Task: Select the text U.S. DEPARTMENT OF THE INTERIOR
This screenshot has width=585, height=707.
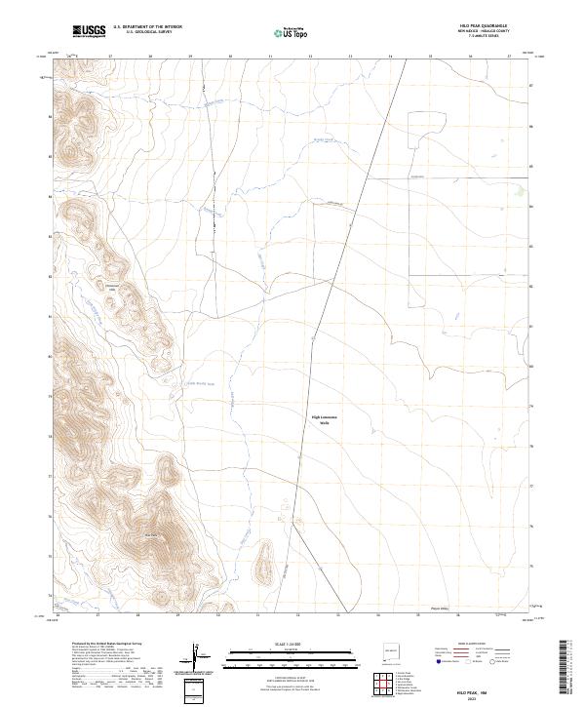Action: tap(147, 27)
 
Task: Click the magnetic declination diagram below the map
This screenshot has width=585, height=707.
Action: tap(198, 657)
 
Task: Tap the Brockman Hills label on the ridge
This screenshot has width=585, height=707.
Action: tap(111, 289)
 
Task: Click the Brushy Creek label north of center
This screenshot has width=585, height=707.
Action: tap(323, 140)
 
